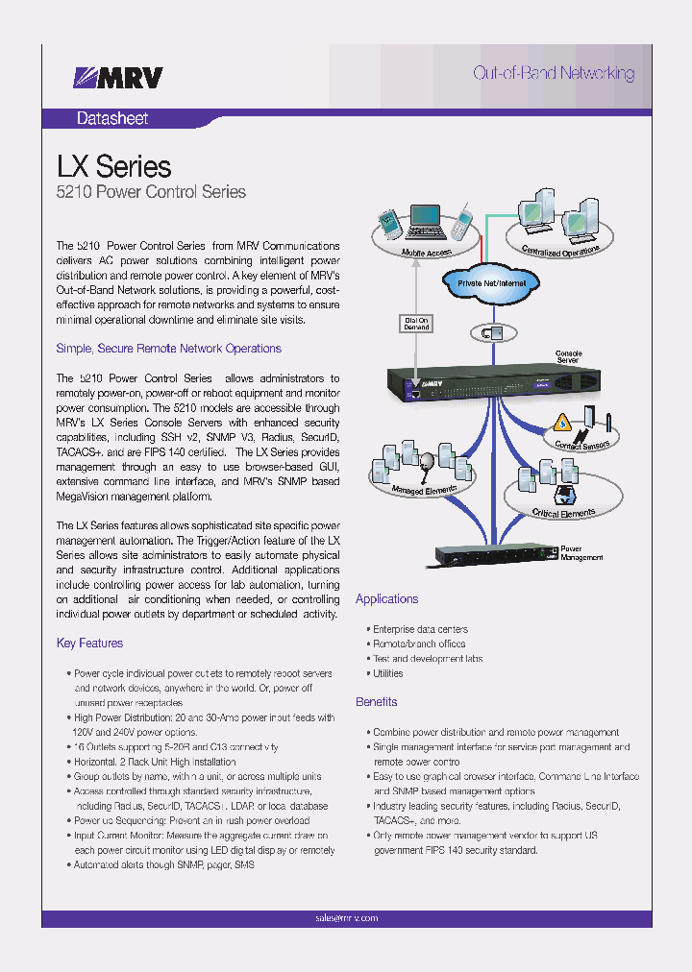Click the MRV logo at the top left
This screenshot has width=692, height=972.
pos(119,78)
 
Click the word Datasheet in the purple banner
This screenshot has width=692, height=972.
pos(112,119)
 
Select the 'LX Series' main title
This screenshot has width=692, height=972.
pos(113,166)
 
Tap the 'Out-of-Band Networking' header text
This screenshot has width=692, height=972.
pos(554,73)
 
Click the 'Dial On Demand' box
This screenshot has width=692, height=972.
pos(416,323)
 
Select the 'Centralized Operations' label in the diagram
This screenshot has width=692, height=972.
pos(561,248)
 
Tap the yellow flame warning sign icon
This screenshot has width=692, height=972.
pos(564,422)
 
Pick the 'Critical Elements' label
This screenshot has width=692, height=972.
pos(564,514)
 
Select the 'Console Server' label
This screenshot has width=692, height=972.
pos(568,358)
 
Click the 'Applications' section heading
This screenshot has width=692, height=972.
pos(386,598)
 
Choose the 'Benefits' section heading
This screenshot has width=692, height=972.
pos(376,702)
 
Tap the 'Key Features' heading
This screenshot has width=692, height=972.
pos(89,643)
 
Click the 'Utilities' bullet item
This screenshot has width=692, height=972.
pos(388,673)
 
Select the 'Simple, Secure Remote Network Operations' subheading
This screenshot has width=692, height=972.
pos(168,348)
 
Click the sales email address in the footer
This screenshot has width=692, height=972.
pos(346,918)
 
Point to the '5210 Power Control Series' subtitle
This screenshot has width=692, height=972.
pos(151,192)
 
